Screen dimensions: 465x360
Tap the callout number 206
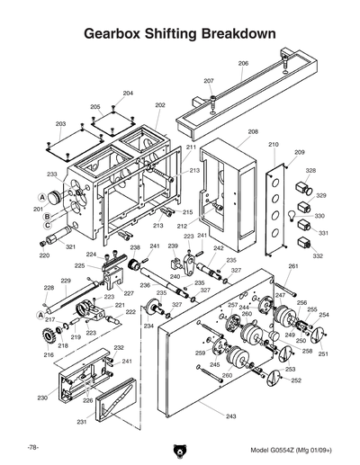click(x=243, y=63)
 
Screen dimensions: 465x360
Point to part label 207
click(x=209, y=81)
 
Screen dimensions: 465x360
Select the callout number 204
click(x=128, y=94)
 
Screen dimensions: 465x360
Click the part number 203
click(x=61, y=123)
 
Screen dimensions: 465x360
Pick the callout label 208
click(x=253, y=131)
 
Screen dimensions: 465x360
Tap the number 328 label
click(x=310, y=170)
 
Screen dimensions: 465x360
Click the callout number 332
click(x=318, y=256)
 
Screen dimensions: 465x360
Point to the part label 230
click(x=41, y=397)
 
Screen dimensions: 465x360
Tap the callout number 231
click(x=82, y=421)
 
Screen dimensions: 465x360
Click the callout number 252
click(x=296, y=380)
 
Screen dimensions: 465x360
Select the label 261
click(x=292, y=267)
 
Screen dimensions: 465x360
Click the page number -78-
click(x=32, y=447)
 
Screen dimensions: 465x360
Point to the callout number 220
click(x=44, y=255)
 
